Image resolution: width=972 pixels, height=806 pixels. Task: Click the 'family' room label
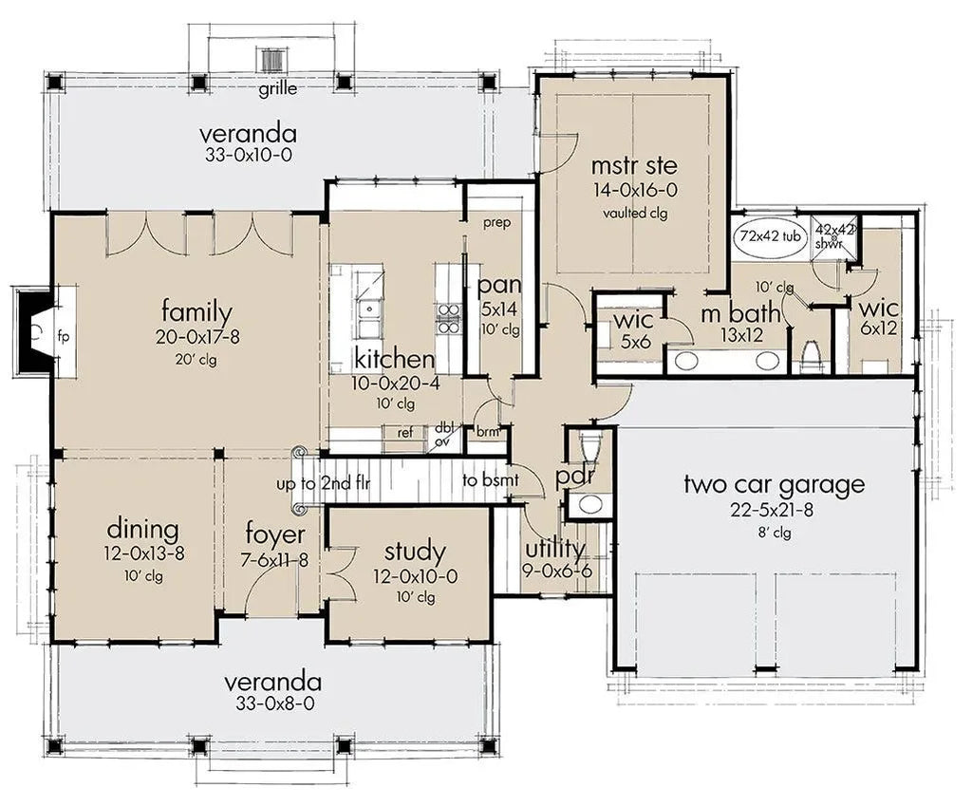(x=196, y=311)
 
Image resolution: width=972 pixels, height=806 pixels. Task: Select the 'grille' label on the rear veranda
(x=277, y=90)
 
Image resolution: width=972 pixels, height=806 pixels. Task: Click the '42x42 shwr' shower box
(x=834, y=234)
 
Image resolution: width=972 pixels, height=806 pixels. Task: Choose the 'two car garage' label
(x=774, y=485)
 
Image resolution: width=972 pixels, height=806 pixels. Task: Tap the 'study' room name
(x=414, y=551)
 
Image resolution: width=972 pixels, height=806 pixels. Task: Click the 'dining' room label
(x=143, y=529)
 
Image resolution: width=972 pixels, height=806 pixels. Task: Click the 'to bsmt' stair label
(x=491, y=480)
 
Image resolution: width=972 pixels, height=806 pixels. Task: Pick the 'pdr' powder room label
(x=576, y=474)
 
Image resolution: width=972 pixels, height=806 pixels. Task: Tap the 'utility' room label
(x=554, y=548)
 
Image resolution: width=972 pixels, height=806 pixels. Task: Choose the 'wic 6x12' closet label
(x=879, y=309)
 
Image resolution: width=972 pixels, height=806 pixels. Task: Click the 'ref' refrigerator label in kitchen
(x=405, y=431)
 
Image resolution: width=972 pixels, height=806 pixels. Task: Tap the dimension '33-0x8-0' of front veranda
(x=271, y=704)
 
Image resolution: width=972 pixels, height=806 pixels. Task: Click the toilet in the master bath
(x=811, y=356)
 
